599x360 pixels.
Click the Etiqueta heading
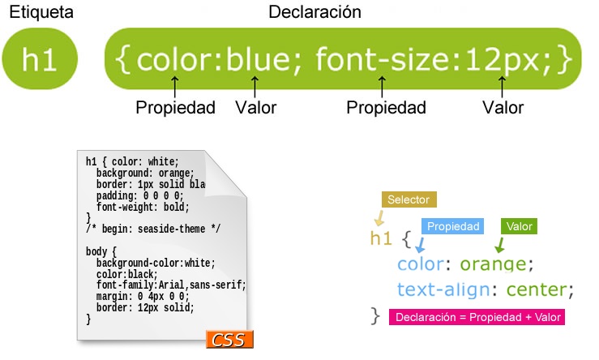point(41,12)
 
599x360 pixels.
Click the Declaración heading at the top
point(314,12)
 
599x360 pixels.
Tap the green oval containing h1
point(40,58)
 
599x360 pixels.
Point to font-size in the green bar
point(383,59)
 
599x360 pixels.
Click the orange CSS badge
point(229,339)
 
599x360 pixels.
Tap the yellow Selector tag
point(409,199)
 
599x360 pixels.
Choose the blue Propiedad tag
point(452,226)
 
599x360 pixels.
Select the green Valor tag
point(519,226)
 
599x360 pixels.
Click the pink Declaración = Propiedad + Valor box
point(477,317)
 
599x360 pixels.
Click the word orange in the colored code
point(493,264)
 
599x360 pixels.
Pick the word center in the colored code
point(537,289)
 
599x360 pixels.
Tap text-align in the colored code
point(443,289)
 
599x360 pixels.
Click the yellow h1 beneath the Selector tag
point(381,238)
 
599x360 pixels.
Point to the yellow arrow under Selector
point(379,218)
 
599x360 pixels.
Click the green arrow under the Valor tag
point(499,245)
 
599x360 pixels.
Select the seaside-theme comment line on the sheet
point(153,229)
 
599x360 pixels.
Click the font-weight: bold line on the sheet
point(143,207)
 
